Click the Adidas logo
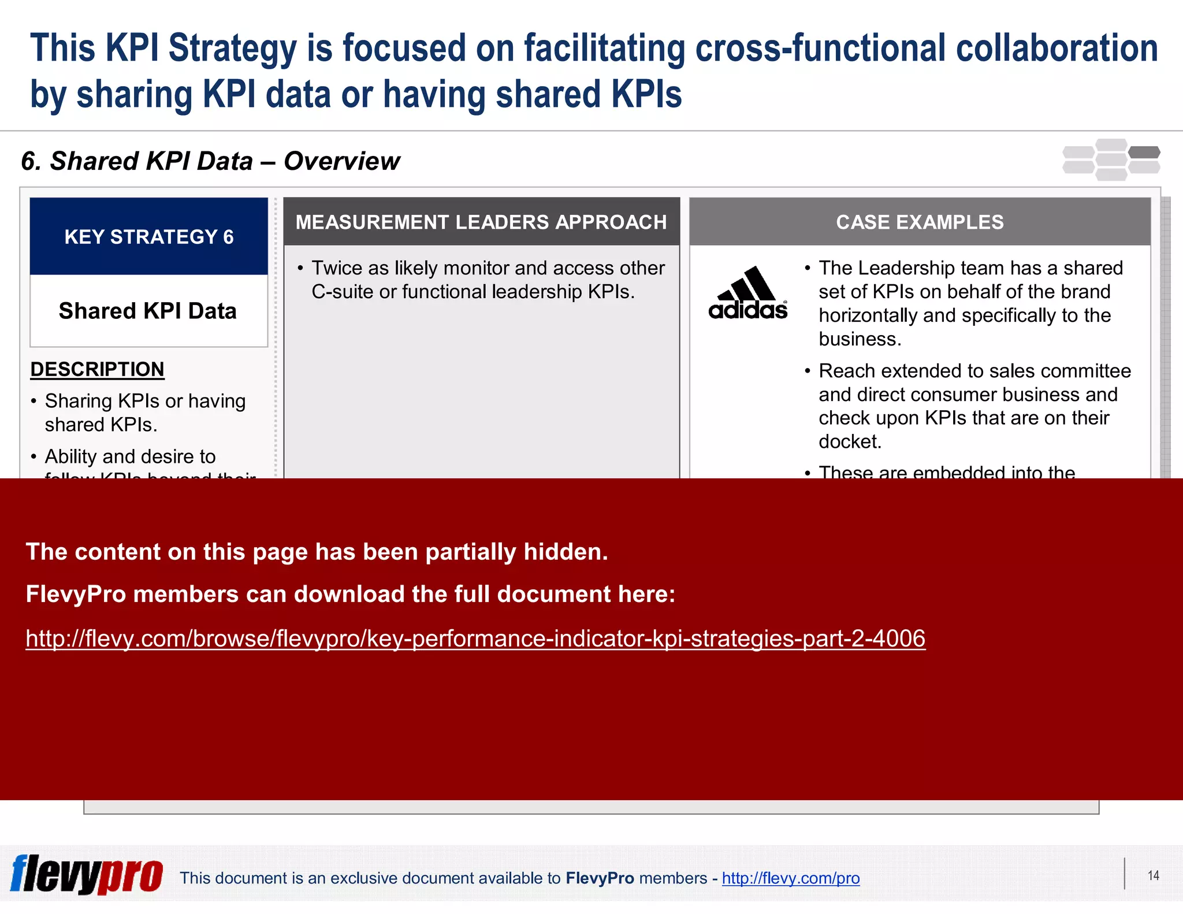tap(748, 294)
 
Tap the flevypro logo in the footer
tap(87, 875)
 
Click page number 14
tap(1153, 875)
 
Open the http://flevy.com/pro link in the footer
tap(790, 878)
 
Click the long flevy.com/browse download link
tap(475, 638)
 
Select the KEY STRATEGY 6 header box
tap(149, 237)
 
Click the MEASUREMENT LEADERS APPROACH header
tap(481, 222)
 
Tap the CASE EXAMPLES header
tap(920, 222)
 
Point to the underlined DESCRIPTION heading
tap(98, 369)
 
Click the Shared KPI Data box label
tap(148, 311)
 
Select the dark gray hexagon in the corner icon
tap(1144, 153)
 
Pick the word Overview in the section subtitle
tap(341, 161)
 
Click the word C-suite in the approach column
tap(342, 292)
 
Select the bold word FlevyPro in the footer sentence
tap(600, 878)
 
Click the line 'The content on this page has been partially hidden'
tap(317, 552)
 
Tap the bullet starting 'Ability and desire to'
tap(131, 456)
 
